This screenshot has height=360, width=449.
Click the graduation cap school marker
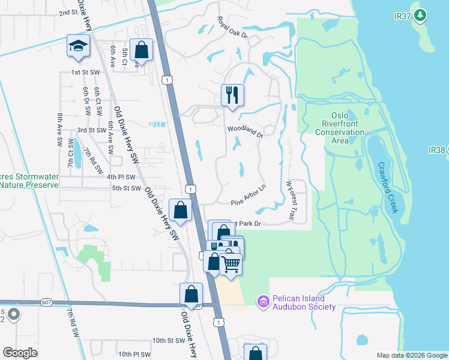click(x=78, y=47)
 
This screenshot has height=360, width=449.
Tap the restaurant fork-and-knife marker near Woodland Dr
click(x=232, y=94)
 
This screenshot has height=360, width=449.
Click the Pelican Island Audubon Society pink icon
click(x=263, y=302)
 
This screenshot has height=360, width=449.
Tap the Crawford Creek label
click(x=387, y=187)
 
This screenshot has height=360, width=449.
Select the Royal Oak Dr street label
click(x=232, y=28)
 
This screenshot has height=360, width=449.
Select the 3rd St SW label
click(x=92, y=130)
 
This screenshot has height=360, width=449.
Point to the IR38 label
click(x=438, y=149)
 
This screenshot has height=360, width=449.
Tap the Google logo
click(x=20, y=353)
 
